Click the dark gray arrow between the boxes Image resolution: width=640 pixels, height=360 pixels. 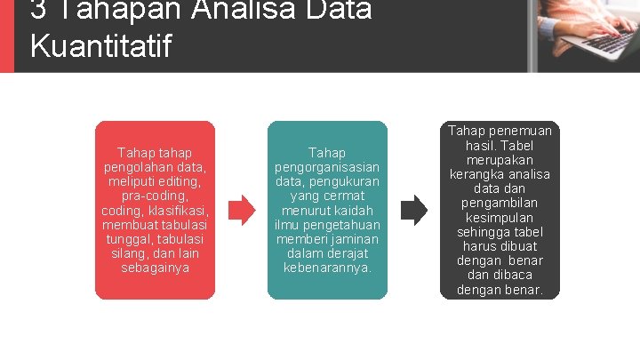click(x=413, y=210)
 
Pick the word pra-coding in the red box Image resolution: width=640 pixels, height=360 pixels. click(x=155, y=196)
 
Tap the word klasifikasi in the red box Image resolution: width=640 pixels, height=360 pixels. click(x=178, y=211)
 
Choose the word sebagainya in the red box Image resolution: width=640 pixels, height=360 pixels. click(x=155, y=268)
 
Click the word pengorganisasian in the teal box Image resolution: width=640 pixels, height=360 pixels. click(x=327, y=167)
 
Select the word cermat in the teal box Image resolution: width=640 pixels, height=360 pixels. click(x=347, y=196)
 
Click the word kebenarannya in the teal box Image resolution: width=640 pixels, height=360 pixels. click(x=327, y=268)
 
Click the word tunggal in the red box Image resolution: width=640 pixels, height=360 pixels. click(x=127, y=239)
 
